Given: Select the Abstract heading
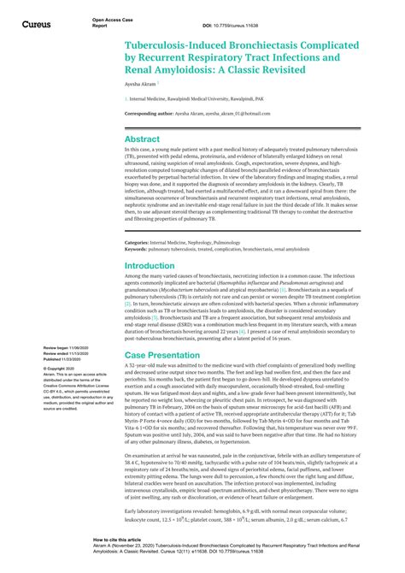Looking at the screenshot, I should point(142,138).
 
